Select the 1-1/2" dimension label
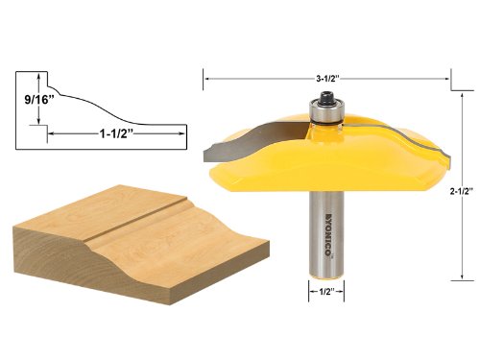pyautogui.click(x=116, y=133)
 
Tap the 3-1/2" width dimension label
pyautogui.click(x=327, y=79)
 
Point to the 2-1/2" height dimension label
pyautogui.click(x=461, y=191)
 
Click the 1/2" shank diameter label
pyautogui.click(x=326, y=291)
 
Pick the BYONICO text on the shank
pyautogui.click(x=328, y=234)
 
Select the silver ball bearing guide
pyautogui.click(x=325, y=111)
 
